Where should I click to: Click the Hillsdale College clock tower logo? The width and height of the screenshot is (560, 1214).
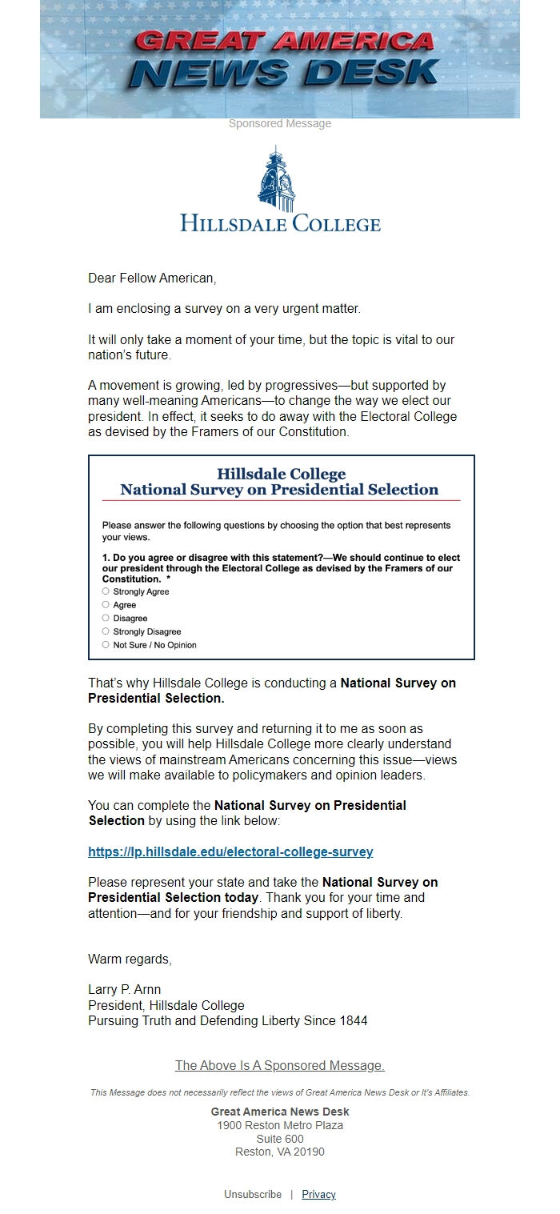(x=276, y=179)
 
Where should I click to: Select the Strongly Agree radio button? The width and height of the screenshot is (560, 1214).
(x=106, y=591)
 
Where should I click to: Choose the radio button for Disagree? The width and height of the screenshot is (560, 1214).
(x=106, y=618)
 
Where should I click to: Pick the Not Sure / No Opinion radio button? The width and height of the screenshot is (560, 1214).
(x=106, y=644)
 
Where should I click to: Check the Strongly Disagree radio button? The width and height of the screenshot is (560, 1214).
(x=106, y=631)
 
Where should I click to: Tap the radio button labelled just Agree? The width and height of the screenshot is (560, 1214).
(x=106, y=605)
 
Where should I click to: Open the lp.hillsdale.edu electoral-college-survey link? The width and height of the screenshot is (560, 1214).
(x=230, y=851)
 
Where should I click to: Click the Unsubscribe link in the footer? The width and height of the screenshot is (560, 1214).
(x=253, y=1194)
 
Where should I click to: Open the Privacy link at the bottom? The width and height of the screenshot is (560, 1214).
(x=318, y=1194)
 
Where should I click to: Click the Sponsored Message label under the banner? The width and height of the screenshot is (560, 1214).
(x=279, y=123)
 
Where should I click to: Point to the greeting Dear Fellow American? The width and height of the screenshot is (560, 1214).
(x=152, y=278)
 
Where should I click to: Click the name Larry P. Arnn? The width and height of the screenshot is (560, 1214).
(x=124, y=990)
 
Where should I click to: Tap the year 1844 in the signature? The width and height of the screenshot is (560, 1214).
(x=353, y=1020)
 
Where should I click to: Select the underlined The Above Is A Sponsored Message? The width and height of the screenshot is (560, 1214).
(x=279, y=1065)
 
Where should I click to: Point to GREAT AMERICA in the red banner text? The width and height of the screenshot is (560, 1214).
(x=284, y=40)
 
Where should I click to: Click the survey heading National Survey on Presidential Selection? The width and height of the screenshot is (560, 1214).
(x=279, y=490)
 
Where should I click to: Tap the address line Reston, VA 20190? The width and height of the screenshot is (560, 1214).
(x=279, y=1152)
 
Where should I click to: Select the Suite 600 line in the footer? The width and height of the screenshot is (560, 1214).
(x=279, y=1139)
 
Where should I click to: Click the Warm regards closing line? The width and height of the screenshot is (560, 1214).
(x=130, y=959)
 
